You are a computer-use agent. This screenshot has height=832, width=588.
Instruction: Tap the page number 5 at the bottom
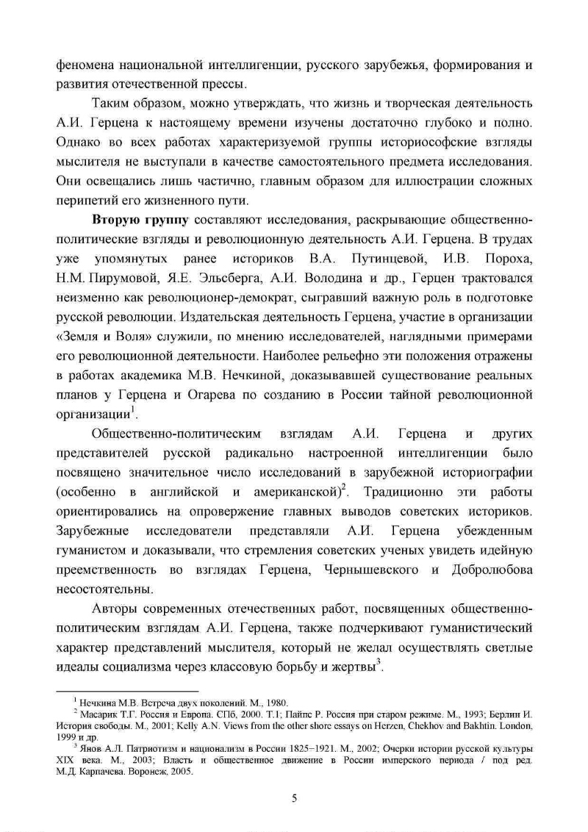pos(294,800)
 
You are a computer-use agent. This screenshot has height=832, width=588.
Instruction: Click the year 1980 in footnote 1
pos(276,702)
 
